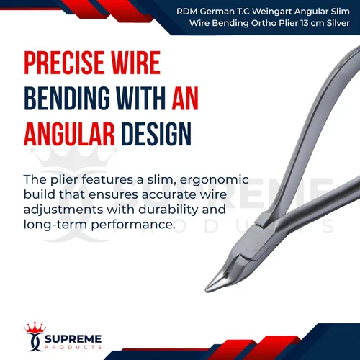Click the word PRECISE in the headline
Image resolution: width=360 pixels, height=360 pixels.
64,63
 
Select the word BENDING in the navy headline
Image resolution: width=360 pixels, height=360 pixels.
67,98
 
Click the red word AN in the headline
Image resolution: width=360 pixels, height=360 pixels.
185,98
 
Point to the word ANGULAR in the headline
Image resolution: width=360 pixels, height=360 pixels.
69,134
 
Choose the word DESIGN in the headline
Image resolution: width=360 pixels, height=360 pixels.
156,134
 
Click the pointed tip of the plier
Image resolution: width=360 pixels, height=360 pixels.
206,290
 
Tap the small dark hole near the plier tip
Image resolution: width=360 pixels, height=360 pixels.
225,274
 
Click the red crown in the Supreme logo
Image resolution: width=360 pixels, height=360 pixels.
35,328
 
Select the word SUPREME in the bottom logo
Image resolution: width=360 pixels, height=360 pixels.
73,339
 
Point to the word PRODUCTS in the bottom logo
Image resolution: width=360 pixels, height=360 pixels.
73,347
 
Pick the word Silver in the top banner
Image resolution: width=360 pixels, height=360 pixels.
338,23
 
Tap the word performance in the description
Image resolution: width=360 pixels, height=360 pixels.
132,225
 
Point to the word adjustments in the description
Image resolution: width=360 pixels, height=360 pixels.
63,210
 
